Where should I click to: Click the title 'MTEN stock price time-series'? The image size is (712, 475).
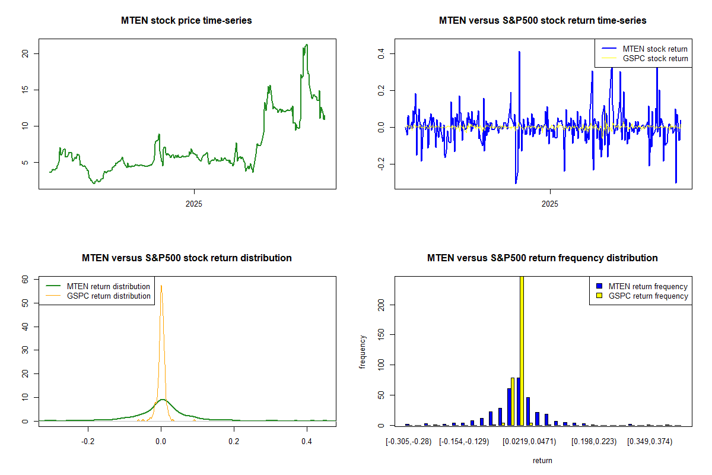186,21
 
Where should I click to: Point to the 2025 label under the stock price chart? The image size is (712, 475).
194,204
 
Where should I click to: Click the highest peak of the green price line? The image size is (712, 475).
306,45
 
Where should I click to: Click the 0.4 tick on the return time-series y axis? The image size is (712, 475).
382,53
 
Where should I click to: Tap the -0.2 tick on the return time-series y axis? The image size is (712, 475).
382,164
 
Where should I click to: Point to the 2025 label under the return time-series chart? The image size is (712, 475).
550,204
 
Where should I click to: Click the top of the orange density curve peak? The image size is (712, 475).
161,286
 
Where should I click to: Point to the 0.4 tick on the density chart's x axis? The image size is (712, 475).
307,442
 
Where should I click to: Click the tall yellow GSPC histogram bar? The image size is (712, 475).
522,350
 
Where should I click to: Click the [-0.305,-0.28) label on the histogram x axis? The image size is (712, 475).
408,442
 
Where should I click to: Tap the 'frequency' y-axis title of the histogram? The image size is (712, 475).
363,352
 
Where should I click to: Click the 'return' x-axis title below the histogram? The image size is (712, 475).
542,460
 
